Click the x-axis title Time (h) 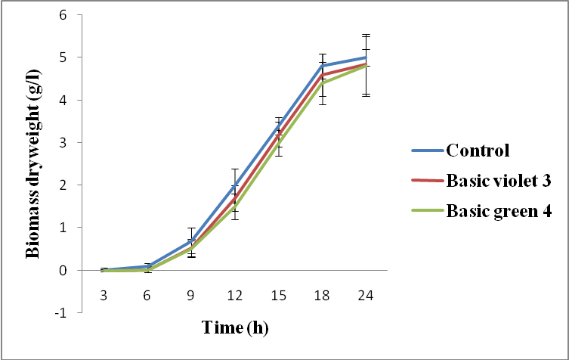235,328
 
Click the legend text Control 478,149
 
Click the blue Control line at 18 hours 323,66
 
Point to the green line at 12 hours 235,206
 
